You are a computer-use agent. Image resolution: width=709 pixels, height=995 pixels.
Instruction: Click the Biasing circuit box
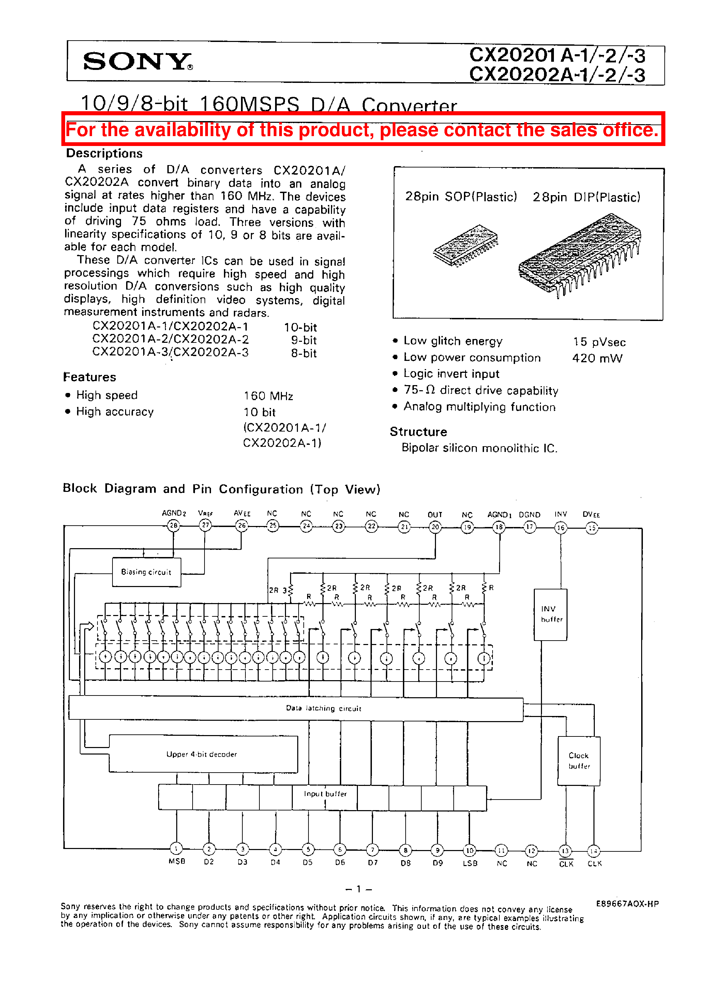(146, 572)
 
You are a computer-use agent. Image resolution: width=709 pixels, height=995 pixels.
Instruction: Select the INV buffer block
(550, 614)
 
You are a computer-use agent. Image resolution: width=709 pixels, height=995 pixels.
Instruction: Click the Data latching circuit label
(323, 708)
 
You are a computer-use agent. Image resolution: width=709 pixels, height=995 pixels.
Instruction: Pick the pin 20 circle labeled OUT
(435, 527)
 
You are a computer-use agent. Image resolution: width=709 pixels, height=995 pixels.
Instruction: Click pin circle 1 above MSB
(176, 849)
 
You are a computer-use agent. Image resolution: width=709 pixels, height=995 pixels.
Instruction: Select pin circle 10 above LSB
(469, 850)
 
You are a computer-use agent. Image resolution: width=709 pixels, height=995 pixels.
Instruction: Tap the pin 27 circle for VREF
(205, 525)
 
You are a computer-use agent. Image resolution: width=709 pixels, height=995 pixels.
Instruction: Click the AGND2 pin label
(174, 513)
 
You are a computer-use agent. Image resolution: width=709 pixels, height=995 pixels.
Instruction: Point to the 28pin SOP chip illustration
(465, 245)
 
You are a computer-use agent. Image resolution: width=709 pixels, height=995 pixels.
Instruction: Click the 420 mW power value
(597, 358)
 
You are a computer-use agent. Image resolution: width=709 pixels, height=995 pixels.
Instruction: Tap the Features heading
(90, 377)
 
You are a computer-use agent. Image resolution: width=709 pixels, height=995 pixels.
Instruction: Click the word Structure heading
(418, 431)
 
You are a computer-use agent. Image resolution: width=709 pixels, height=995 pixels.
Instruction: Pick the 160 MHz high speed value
(268, 396)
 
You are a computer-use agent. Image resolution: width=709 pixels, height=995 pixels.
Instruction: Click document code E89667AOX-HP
(627, 904)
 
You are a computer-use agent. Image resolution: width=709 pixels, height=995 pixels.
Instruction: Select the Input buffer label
(325, 794)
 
